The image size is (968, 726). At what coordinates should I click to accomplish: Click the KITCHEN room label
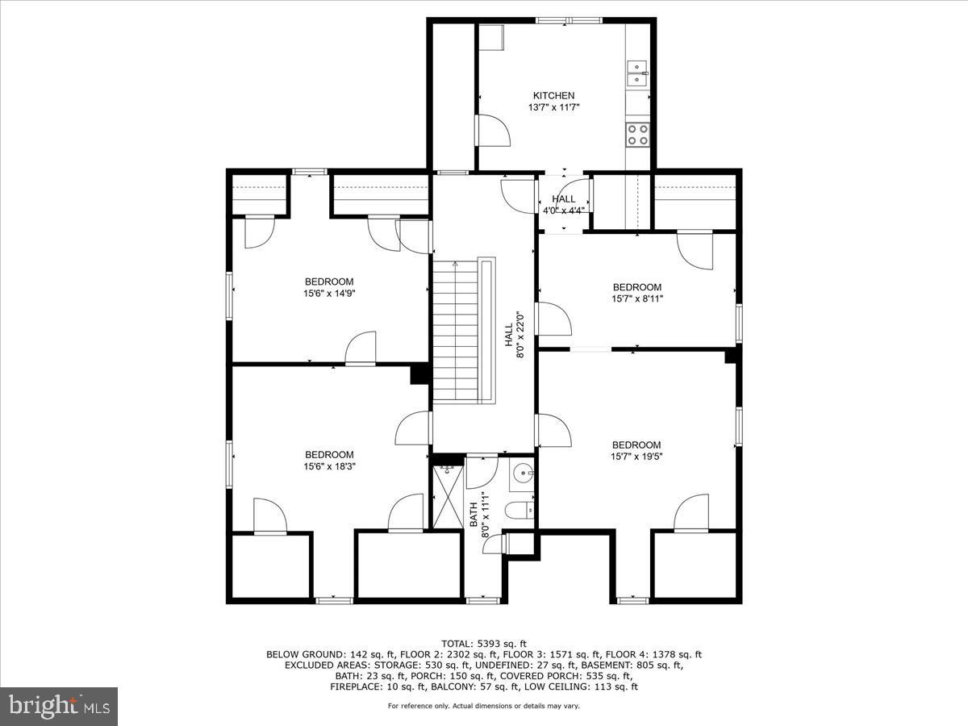(553, 95)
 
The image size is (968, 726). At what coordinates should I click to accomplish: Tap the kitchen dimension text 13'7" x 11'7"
(553, 106)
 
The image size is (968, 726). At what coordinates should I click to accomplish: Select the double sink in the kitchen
(638, 73)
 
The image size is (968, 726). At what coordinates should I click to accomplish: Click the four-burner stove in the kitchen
(638, 134)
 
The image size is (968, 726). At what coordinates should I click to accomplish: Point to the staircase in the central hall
(457, 331)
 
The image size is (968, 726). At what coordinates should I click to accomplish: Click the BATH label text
(474, 515)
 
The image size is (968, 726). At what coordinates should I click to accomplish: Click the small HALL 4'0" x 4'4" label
(564, 204)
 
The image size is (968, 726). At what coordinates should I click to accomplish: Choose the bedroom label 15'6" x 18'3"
(329, 466)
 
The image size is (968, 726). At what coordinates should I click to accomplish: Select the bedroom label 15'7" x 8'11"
(636, 298)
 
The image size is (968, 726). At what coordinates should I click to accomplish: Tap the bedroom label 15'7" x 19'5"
(636, 457)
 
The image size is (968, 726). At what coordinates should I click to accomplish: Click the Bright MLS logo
(60, 707)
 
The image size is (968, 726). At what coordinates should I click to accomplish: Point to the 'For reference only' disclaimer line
(484, 706)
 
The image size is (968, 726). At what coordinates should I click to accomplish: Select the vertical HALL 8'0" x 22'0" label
(515, 335)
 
